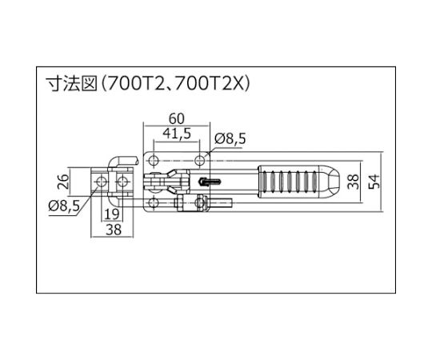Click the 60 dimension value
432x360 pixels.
[176, 118]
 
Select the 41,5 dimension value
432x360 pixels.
[177, 134]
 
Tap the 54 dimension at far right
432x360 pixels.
[374, 182]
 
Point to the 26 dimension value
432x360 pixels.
[63, 181]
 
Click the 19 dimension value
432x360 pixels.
[112, 214]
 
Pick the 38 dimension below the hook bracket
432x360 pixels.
[114, 230]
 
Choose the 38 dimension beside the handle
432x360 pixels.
[354, 182]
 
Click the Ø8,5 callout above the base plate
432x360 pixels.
[230, 139]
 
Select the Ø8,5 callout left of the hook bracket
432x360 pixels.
[64, 206]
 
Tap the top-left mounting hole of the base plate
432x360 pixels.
[154, 160]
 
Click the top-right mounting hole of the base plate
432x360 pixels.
[200, 160]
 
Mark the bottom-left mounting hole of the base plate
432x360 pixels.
[154, 203]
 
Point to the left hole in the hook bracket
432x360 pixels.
[101, 181]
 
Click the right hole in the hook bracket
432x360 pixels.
[122, 181]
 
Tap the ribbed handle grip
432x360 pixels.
[288, 182]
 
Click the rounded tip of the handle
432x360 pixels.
[330, 182]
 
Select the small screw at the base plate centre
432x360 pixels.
[210, 182]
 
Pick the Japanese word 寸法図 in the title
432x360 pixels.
[72, 83]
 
